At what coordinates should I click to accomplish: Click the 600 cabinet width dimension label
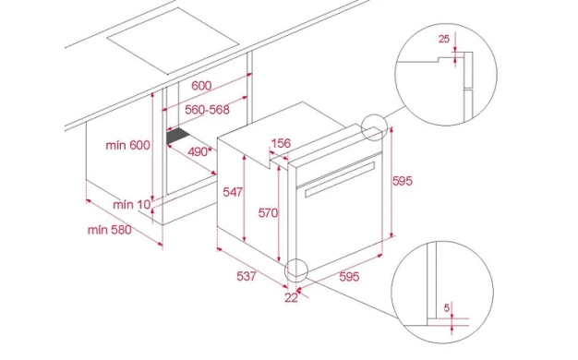coord(201,86)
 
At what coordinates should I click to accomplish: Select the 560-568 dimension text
coord(207,110)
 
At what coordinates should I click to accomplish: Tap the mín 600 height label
coord(128,145)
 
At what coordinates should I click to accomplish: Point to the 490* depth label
coord(200,151)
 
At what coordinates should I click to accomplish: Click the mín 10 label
coord(132,205)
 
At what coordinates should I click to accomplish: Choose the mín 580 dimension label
coord(110,230)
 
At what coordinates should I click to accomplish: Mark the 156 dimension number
coord(281,143)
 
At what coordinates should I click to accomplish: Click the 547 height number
coord(233,192)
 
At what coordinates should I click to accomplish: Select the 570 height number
coord(268,212)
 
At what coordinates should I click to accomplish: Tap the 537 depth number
coord(247,276)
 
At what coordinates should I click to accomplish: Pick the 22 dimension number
coord(291,298)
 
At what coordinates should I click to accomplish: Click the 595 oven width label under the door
coord(349,276)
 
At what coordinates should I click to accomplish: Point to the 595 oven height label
coord(403,181)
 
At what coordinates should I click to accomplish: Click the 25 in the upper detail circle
coord(444,39)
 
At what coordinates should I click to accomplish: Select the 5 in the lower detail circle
coord(447,307)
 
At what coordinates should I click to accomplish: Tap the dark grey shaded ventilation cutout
coord(178,136)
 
